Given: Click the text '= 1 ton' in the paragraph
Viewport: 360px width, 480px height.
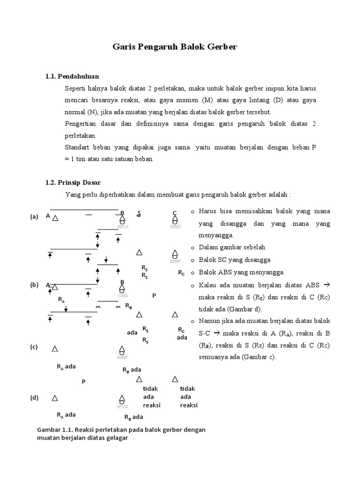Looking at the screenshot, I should (x=77, y=159).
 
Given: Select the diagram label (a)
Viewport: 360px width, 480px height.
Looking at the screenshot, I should (x=34, y=217).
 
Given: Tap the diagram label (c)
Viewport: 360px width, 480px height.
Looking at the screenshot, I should (x=34, y=347).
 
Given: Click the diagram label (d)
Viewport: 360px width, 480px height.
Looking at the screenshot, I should (x=34, y=397).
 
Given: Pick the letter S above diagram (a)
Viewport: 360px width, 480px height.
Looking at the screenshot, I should (x=139, y=214).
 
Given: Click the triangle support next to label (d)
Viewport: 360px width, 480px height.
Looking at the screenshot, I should (x=55, y=398).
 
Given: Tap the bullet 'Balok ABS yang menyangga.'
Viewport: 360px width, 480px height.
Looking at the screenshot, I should (x=241, y=272).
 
